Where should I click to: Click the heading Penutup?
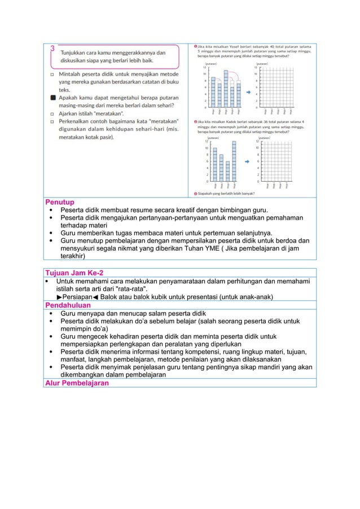(x=60, y=201)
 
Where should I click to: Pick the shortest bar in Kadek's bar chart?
(x=227, y=172)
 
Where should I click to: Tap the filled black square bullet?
(x=52, y=98)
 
